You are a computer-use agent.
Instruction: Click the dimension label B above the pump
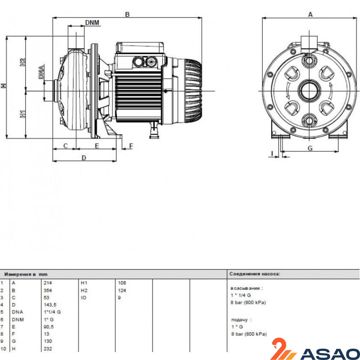click(127, 14)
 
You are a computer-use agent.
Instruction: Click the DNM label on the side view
click(92, 22)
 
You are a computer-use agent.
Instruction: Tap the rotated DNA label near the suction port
click(41, 72)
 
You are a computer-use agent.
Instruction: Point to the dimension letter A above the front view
click(310, 14)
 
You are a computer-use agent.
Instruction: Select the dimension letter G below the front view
click(310, 148)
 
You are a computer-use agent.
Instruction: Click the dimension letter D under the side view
click(84, 158)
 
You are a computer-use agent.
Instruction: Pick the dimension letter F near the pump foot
click(131, 146)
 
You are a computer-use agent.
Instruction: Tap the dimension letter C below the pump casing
click(66, 146)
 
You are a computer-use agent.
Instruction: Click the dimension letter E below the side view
click(97, 146)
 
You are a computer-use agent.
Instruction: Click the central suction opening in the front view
click(309, 91)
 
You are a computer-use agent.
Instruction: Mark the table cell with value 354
click(48, 290)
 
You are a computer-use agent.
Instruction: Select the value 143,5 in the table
click(50, 305)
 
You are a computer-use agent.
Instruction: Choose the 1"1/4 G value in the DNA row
click(52, 312)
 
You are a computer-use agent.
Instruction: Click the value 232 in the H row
click(48, 348)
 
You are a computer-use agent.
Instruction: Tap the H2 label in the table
click(84, 290)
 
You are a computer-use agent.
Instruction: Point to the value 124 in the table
click(122, 290)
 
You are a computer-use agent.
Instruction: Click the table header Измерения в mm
click(26, 274)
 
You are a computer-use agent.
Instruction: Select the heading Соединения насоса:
click(255, 274)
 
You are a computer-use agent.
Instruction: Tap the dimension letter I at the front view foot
click(272, 153)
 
